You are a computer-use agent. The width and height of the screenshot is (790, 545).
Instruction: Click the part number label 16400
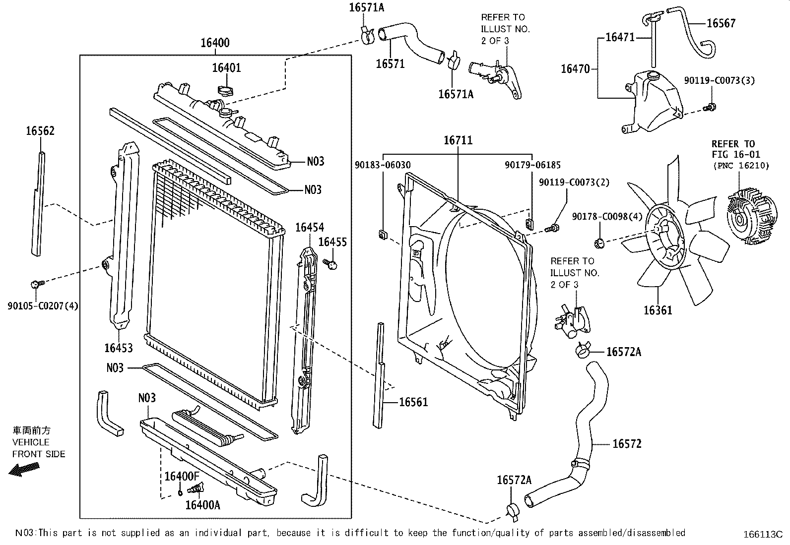point(215,43)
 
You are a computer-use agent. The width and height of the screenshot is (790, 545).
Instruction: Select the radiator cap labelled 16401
point(226,91)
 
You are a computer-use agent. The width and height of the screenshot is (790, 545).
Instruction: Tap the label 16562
point(40,131)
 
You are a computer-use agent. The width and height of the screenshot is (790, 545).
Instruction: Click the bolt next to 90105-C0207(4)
point(36,284)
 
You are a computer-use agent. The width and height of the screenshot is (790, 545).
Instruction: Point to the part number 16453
point(118,348)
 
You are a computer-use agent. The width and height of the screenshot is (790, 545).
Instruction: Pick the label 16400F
point(182,476)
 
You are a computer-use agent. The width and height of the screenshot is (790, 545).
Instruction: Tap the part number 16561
point(413,402)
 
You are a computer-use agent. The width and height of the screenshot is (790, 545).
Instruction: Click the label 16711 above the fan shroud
point(458,140)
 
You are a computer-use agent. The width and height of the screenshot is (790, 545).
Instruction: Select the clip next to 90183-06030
point(383,234)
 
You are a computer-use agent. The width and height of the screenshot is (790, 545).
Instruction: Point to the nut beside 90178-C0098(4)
point(598,242)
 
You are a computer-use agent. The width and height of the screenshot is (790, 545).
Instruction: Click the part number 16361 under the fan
point(658,310)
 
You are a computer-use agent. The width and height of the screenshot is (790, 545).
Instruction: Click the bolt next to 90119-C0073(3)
point(710,107)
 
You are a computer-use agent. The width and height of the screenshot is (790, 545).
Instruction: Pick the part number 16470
point(575,69)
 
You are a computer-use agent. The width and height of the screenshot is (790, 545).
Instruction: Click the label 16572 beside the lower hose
point(627,444)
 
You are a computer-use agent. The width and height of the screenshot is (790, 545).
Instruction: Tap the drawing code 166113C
point(763,535)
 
